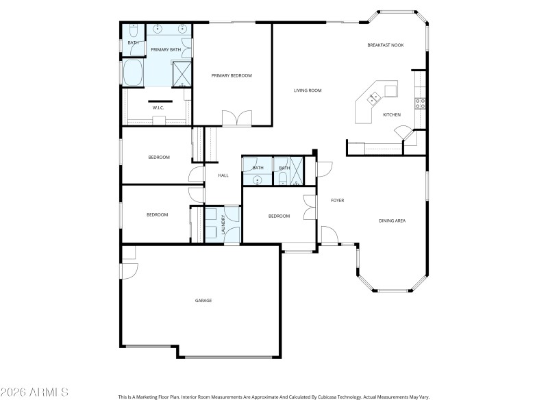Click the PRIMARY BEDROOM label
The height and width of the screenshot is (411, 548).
(232, 75)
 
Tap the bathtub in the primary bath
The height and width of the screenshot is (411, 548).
(132, 73)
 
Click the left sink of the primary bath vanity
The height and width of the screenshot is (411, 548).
(158, 29)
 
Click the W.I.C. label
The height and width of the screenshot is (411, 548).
(157, 107)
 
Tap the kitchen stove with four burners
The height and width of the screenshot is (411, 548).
(421, 103)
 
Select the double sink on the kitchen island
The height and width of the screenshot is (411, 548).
(374, 99)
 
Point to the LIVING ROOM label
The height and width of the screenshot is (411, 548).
(308, 90)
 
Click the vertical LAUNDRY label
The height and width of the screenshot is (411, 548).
(223, 224)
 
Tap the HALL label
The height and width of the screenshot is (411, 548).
(223, 175)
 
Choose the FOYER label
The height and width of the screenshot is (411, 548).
(337, 201)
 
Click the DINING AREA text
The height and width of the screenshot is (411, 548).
(393, 221)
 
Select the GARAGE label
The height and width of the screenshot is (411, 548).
(203, 301)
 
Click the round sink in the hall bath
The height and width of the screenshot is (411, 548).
(258, 180)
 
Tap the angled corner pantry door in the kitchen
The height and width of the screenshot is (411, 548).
(406, 130)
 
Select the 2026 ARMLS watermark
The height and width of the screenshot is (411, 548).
(34, 393)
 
